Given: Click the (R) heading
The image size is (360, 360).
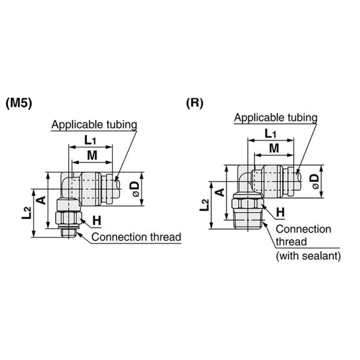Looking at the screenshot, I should [x=194, y=103].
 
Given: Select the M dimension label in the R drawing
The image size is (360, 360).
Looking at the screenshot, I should [x=274, y=148].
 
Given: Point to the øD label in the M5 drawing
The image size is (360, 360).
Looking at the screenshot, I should [x=135, y=190].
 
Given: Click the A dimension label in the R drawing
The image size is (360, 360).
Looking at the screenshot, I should [x=220, y=193].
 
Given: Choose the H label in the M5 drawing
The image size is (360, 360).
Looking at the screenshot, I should [x=97, y=221].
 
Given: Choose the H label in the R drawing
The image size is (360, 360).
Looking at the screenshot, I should [x=280, y=212].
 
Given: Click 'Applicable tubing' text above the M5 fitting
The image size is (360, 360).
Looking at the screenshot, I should [x=94, y=125].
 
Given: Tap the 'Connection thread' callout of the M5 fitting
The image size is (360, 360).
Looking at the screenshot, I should [x=136, y=237].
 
